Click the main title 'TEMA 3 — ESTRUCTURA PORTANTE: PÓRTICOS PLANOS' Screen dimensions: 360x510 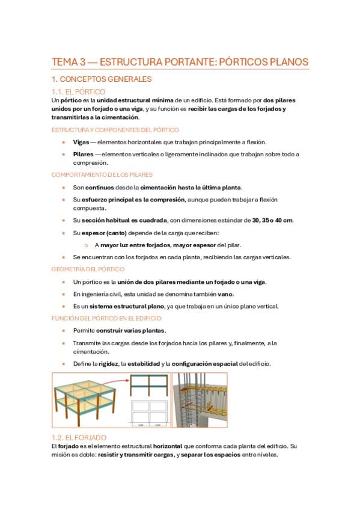point(180,62)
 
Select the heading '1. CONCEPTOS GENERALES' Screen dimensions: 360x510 point(102,79)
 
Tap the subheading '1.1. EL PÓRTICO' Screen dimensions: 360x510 point(78,91)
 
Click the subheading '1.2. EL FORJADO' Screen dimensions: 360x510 point(79,437)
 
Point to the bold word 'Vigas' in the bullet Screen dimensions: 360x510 point(81,142)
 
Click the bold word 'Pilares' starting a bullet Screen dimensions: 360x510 point(83,154)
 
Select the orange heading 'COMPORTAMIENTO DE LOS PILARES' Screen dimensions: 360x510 point(102,174)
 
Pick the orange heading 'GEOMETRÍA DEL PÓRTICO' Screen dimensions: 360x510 point(88,269)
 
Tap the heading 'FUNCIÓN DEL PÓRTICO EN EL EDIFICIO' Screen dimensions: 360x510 point(106,318)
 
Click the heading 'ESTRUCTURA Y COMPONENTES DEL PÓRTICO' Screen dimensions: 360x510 point(115,130)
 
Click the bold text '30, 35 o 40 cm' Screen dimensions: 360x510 point(273,220)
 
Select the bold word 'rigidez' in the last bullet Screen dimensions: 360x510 point(108,364)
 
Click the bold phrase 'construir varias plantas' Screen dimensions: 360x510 point(130,330)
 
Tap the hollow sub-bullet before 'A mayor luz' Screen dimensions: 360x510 point(86,245)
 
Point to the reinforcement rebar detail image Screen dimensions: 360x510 point(200,400)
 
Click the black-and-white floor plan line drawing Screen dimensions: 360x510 point(150,413)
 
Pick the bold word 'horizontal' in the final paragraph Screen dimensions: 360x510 point(167,446)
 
